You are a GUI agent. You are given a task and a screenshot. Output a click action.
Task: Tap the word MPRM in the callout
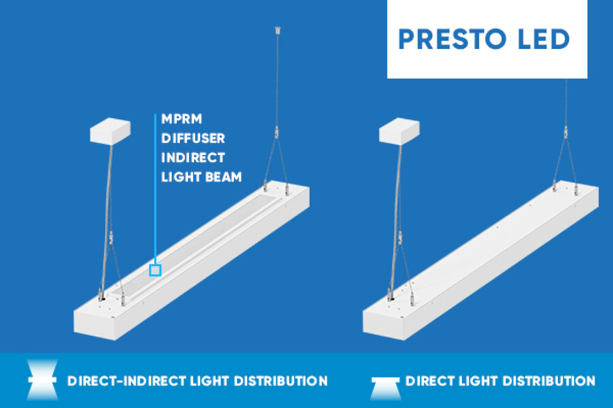pyautogui.click(x=182, y=119)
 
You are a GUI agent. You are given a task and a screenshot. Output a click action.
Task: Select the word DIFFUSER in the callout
pyautogui.click(x=193, y=138)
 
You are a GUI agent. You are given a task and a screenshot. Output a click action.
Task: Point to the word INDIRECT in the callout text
pyautogui.click(x=193, y=158)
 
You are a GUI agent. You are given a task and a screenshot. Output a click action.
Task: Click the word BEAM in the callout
pyautogui.click(x=223, y=177)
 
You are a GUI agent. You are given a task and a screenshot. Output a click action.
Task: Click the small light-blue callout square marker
pyautogui.click(x=155, y=270)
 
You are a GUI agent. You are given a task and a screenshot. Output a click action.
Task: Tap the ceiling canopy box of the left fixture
pyautogui.click(x=110, y=131)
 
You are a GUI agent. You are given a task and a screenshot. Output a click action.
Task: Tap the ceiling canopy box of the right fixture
pyautogui.click(x=399, y=131)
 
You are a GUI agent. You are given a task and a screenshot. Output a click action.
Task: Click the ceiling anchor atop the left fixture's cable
pyautogui.click(x=278, y=30)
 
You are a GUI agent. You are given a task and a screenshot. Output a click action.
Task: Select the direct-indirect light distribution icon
pyautogui.click(x=42, y=380)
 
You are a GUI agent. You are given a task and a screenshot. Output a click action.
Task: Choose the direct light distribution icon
pyautogui.click(x=385, y=388)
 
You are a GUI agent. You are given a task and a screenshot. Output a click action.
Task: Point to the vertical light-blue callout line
pyautogui.click(x=155, y=189)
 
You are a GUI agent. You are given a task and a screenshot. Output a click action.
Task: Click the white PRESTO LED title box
pyautogui.click(x=487, y=39)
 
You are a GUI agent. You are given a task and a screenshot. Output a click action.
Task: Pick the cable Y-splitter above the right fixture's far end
pyautogui.click(x=565, y=133)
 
